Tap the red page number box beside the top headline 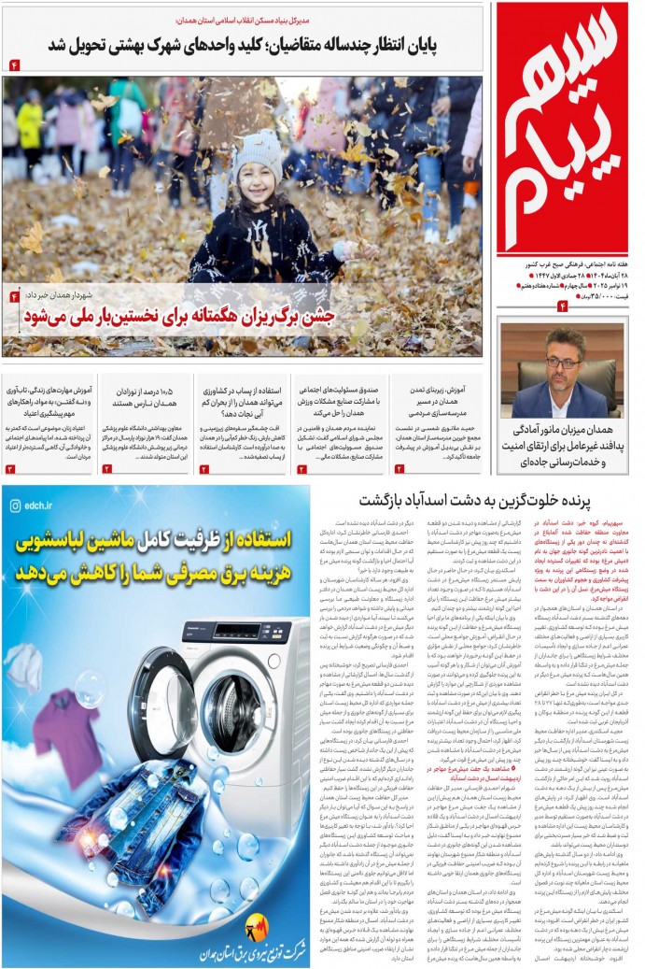click(15, 64)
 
